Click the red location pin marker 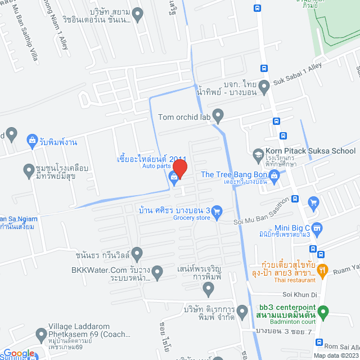(179, 167)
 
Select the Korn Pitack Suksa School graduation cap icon (258, 154)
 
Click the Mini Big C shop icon (317, 228)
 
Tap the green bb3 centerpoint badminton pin (322, 311)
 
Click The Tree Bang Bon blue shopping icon (274, 177)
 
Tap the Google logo (19, 353)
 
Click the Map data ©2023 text (336, 355)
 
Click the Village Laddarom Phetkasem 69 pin (41, 336)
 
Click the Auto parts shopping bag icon (174, 178)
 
